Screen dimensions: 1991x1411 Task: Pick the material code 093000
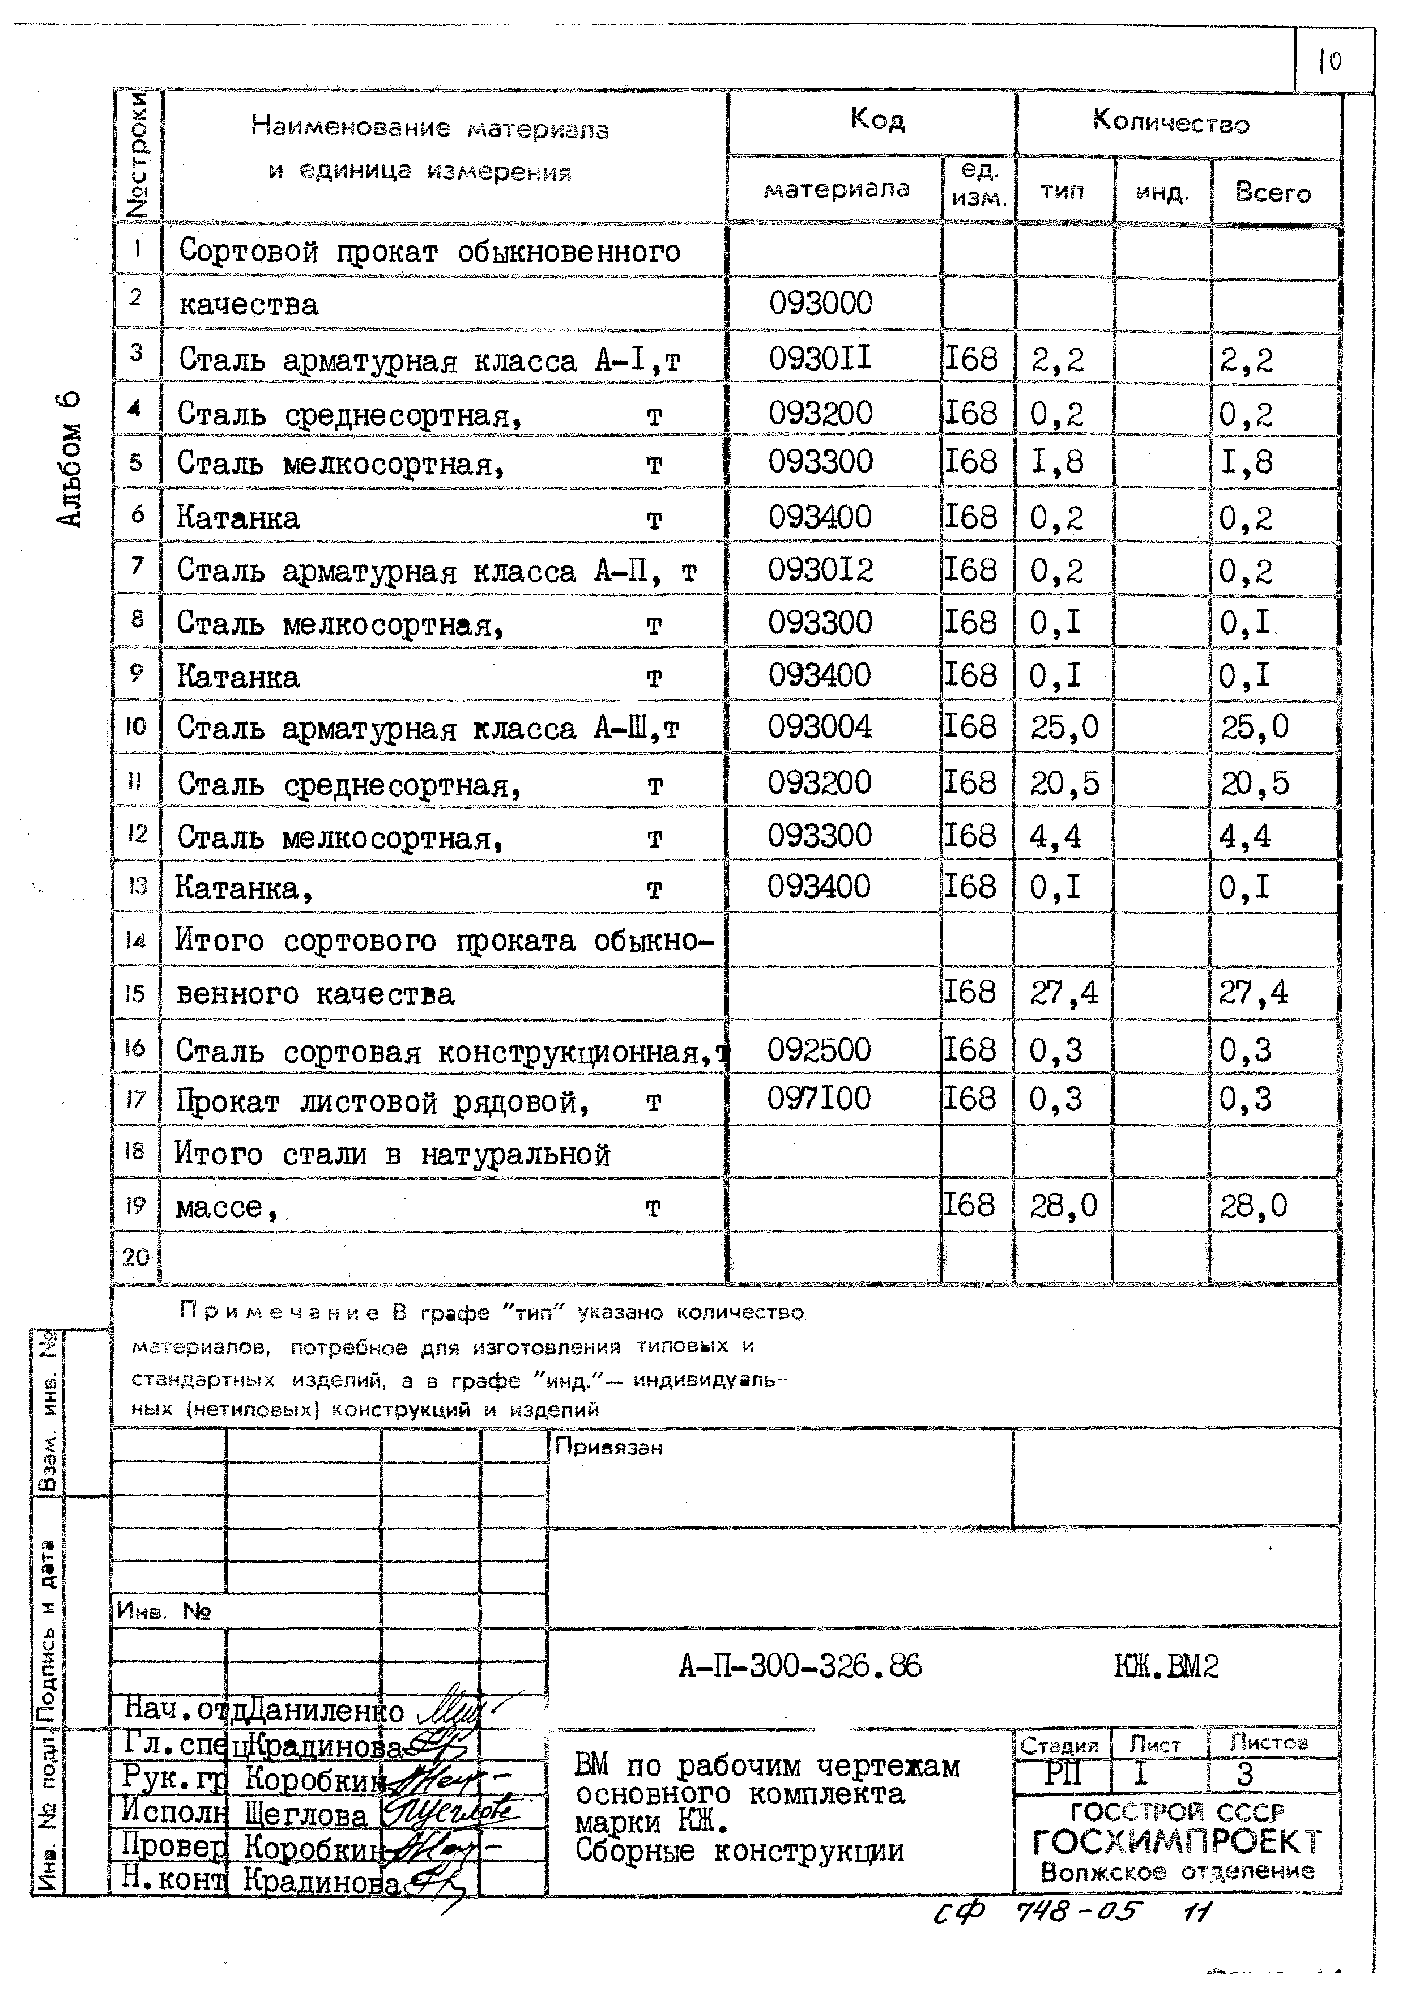(820, 303)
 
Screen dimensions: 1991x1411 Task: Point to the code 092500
(819, 1050)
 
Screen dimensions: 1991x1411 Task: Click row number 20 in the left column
(135, 1257)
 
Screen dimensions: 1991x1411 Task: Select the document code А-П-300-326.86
(799, 1666)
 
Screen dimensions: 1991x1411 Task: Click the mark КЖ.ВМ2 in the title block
(1166, 1666)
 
